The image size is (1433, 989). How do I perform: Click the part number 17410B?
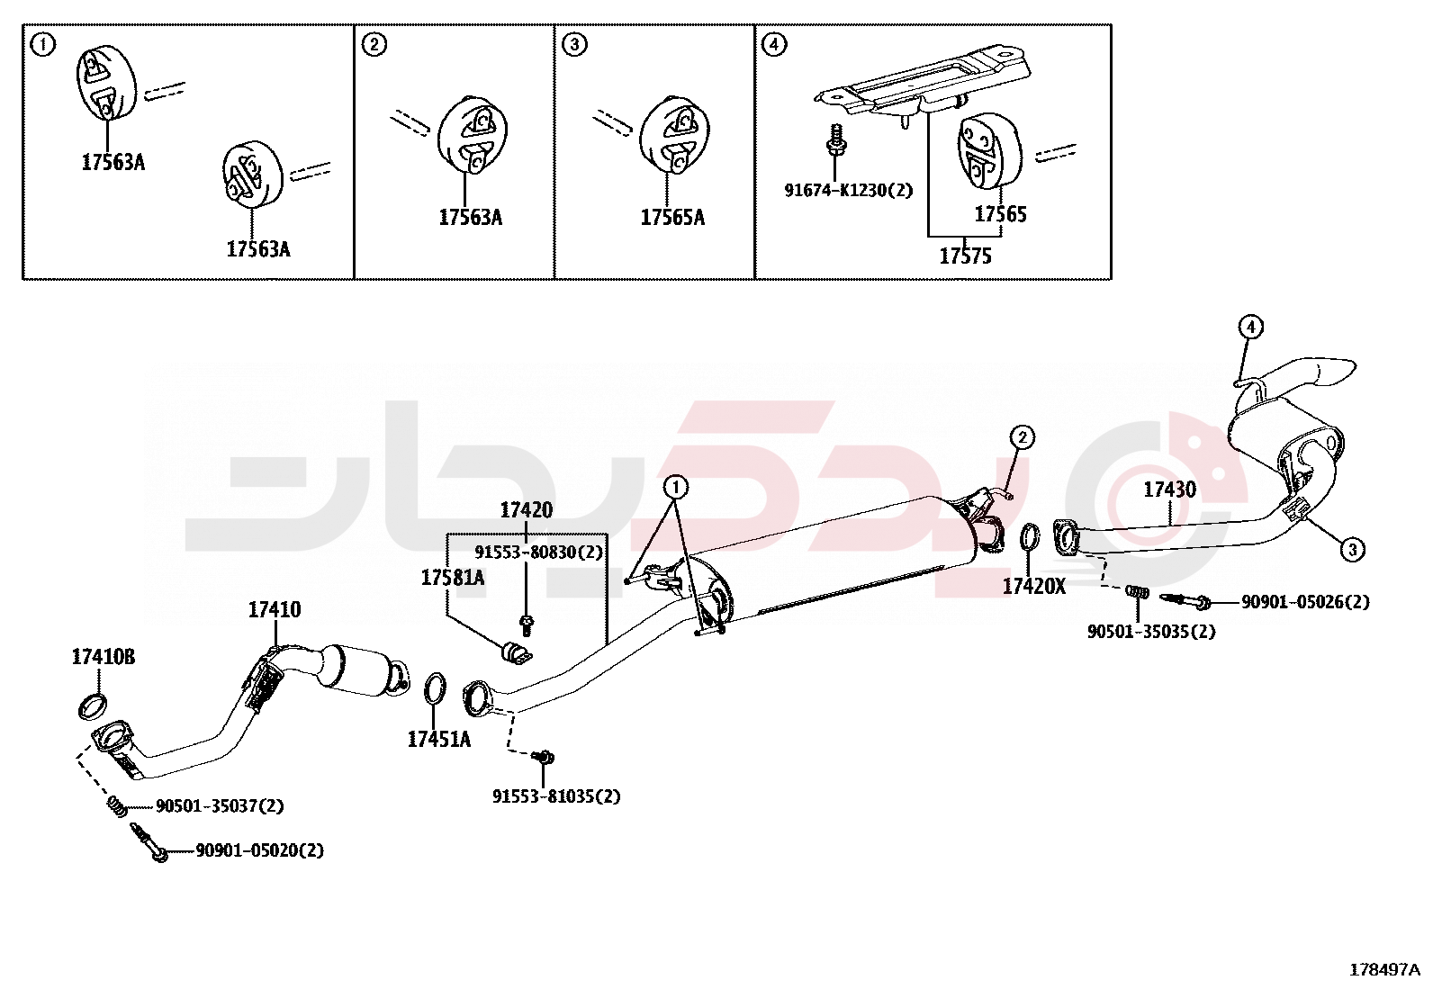tap(103, 658)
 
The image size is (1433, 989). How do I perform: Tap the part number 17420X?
tap(1033, 587)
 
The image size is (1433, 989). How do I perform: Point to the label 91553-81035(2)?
tap(555, 796)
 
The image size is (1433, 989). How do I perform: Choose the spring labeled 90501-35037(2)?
tap(115, 805)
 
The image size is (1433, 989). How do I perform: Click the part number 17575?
tap(965, 256)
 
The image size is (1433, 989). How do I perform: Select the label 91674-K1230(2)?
tap(848, 191)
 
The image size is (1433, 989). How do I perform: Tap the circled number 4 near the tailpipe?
tap(1250, 327)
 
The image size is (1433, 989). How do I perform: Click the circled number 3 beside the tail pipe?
tap(1352, 548)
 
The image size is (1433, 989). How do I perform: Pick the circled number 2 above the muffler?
tap(1022, 437)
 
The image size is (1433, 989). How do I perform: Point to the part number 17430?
tap(1169, 490)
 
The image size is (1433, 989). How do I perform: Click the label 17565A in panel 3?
tap(672, 218)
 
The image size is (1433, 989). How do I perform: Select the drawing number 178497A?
tap(1383, 969)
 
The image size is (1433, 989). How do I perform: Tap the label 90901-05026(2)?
tap(1305, 602)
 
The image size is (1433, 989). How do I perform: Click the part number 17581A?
tap(452, 578)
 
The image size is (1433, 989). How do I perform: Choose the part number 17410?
tap(275, 610)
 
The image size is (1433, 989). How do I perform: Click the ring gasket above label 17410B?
tap(93, 706)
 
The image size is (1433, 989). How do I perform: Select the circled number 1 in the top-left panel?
tap(42, 44)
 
